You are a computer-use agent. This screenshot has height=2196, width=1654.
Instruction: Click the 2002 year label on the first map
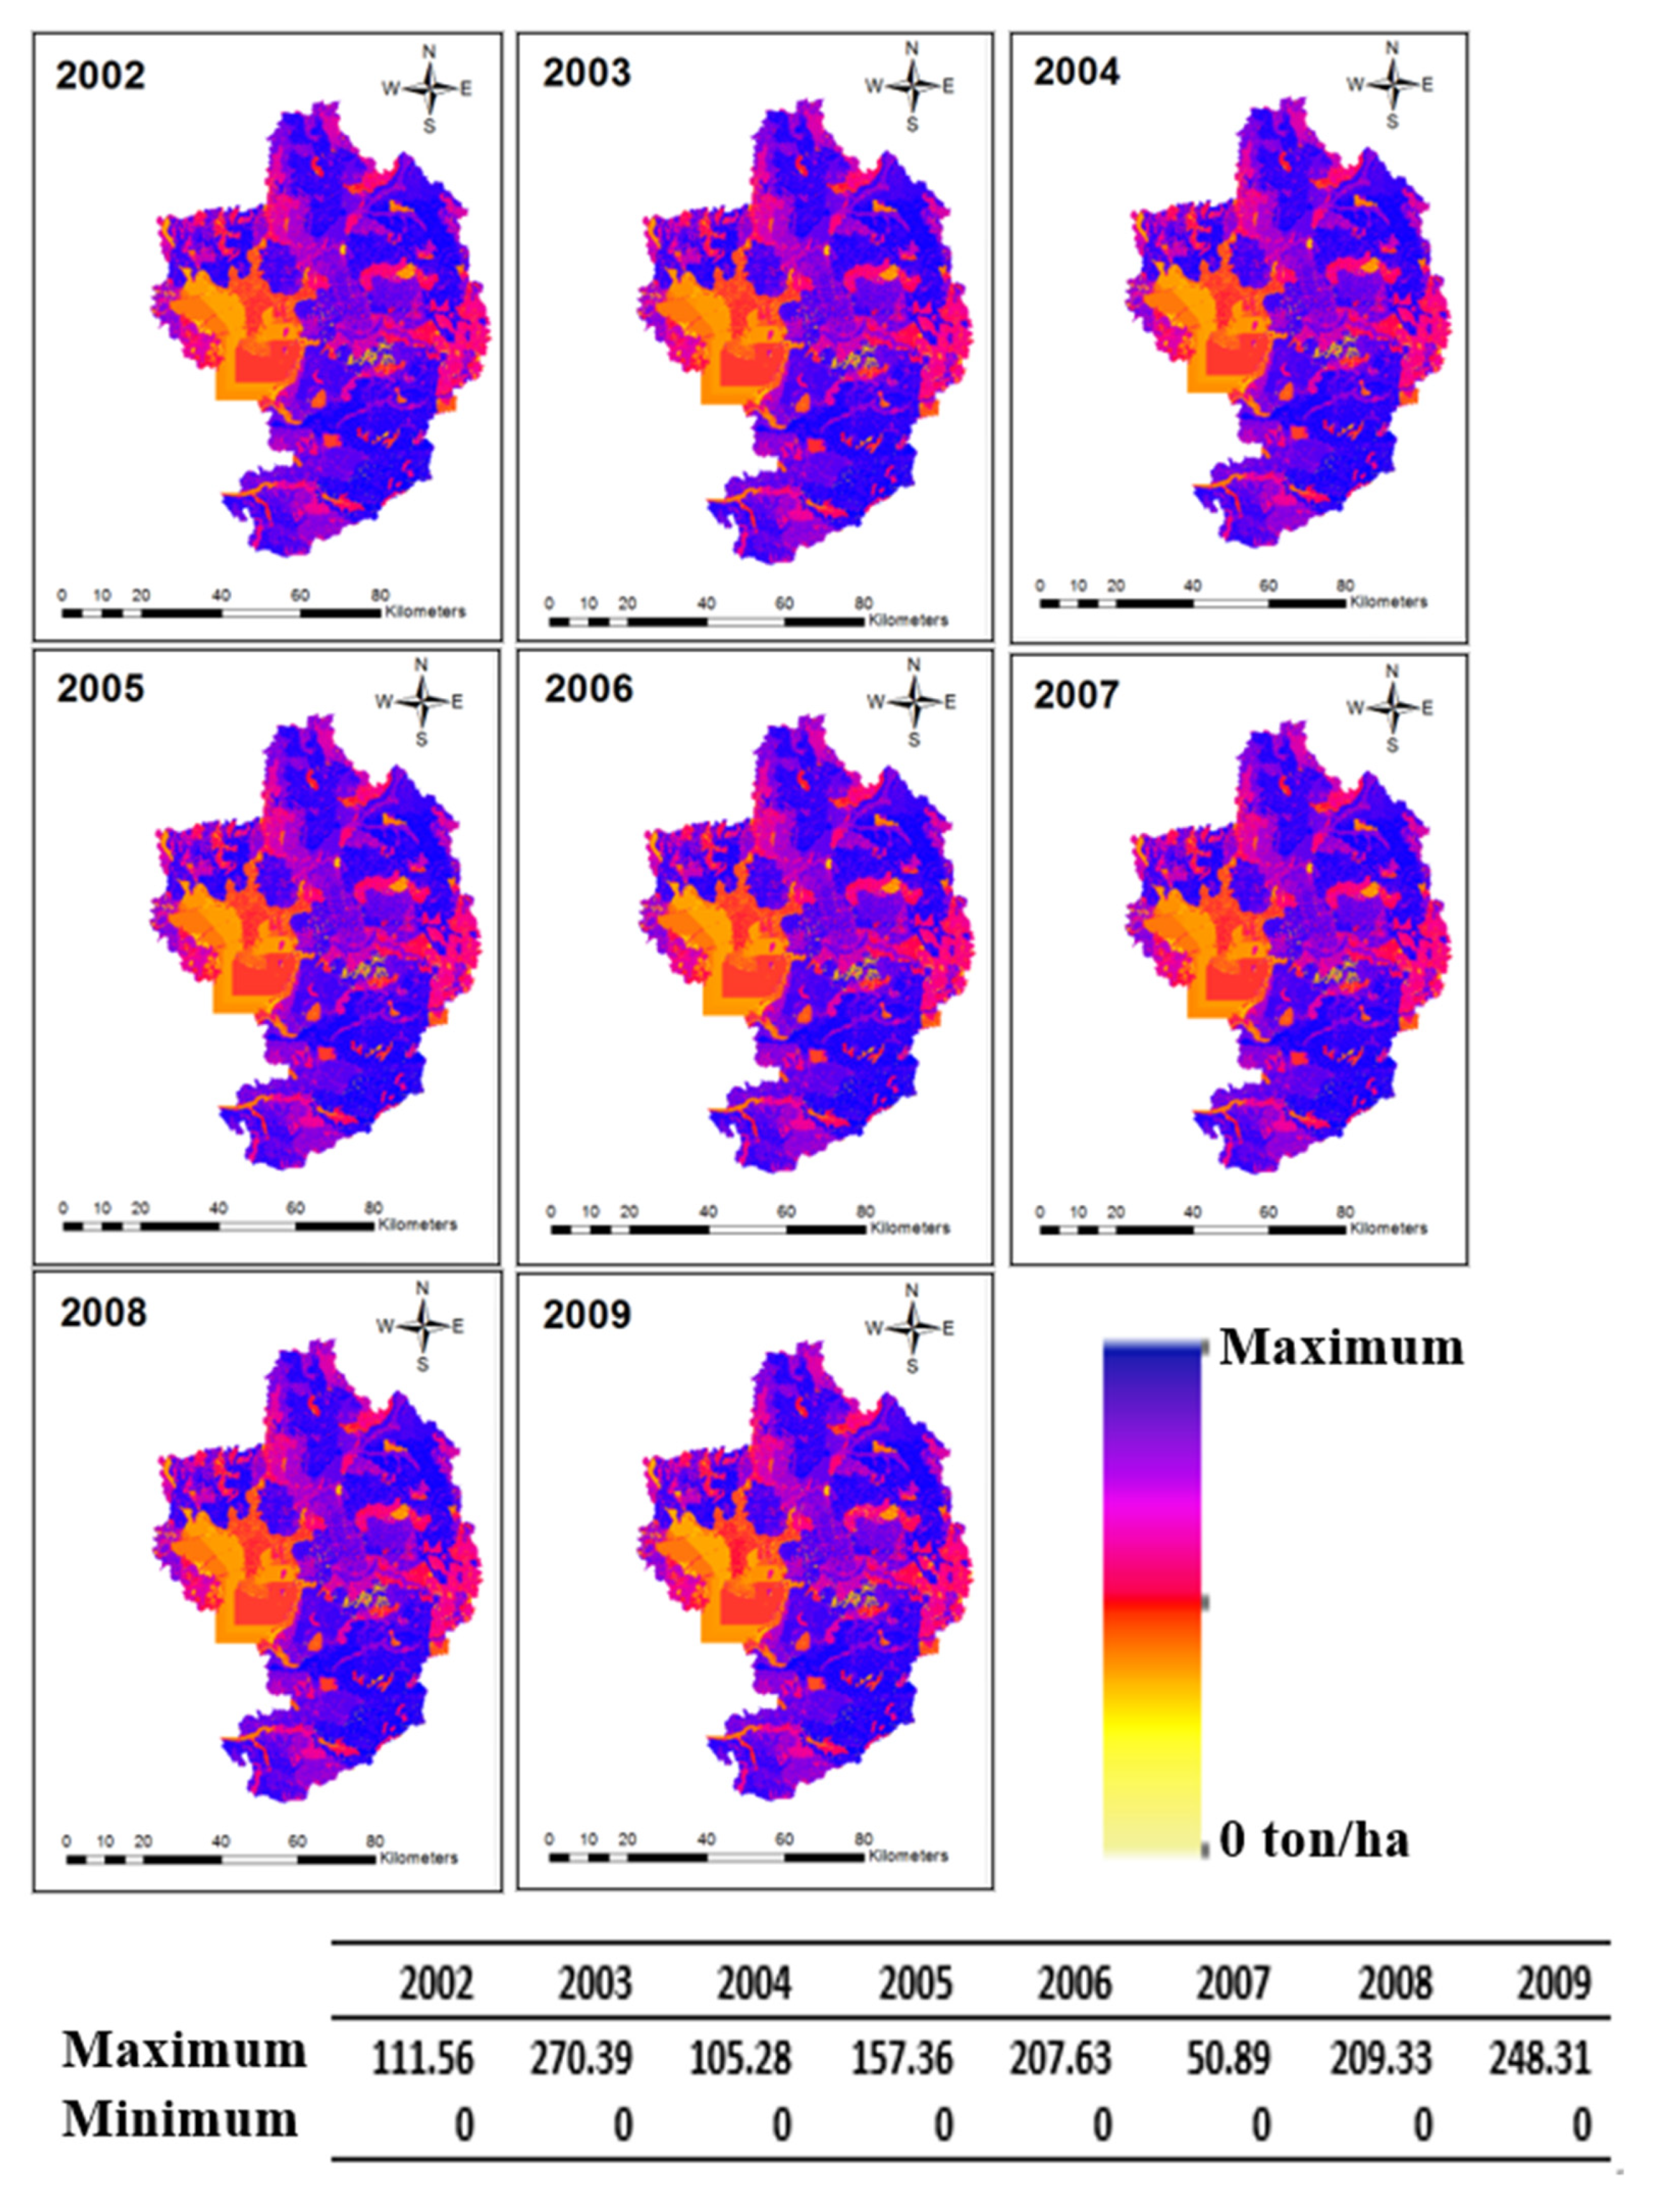(100, 75)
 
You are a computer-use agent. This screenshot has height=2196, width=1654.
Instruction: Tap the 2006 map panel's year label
(588, 689)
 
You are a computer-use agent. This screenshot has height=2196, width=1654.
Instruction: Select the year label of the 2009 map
(587, 1315)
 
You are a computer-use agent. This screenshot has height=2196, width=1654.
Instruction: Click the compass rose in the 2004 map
(1392, 84)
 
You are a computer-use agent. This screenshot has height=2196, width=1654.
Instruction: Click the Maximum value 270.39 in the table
(581, 2059)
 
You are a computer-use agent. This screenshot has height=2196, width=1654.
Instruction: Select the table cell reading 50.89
(1227, 2059)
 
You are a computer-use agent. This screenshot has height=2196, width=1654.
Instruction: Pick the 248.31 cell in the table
(1540, 2059)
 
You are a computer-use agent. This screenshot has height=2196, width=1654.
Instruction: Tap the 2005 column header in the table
(915, 1983)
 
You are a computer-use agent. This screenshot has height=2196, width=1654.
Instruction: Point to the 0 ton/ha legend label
(1313, 1839)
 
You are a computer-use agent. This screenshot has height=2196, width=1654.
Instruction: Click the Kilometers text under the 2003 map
(908, 620)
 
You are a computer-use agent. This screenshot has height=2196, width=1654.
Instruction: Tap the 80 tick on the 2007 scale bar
(1344, 1212)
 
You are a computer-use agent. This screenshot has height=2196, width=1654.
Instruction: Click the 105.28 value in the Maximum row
(741, 2059)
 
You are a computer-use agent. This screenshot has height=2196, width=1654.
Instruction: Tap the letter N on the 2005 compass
(421, 664)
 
